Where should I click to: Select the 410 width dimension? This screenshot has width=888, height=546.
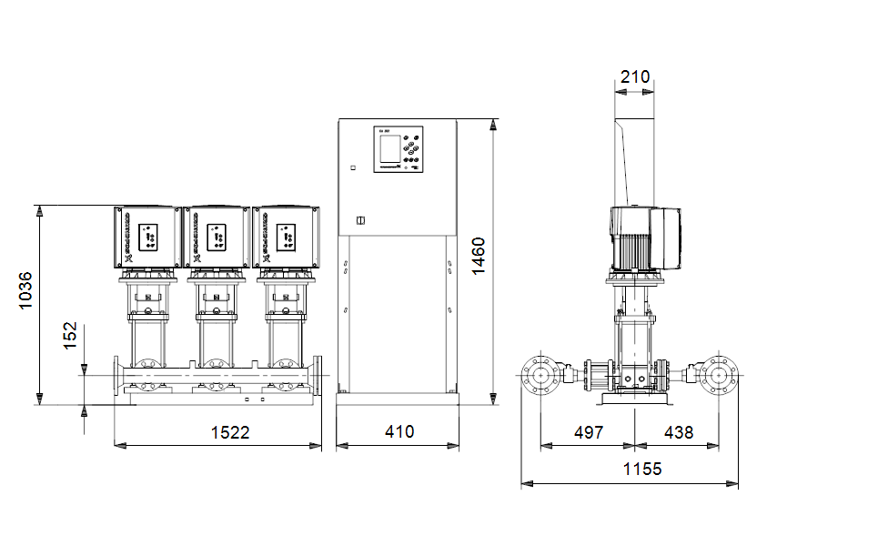[398, 432]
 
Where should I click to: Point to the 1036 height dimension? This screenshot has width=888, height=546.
[25, 289]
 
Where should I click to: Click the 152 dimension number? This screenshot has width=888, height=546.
[69, 335]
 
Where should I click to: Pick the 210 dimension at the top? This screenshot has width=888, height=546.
[635, 77]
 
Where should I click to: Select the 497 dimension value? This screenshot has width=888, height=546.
[588, 432]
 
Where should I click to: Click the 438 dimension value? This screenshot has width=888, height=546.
[678, 432]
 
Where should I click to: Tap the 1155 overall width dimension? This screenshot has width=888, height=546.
[643, 470]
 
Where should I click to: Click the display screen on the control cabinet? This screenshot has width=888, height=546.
[387, 147]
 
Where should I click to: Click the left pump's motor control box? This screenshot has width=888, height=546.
[148, 238]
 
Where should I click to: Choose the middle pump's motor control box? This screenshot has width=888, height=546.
[217, 238]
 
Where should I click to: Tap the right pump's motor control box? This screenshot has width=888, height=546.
[286, 238]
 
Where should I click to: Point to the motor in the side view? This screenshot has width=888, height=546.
[644, 238]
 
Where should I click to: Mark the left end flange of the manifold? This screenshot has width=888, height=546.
[117, 375]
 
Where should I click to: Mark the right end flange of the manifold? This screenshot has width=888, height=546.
[318, 375]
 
